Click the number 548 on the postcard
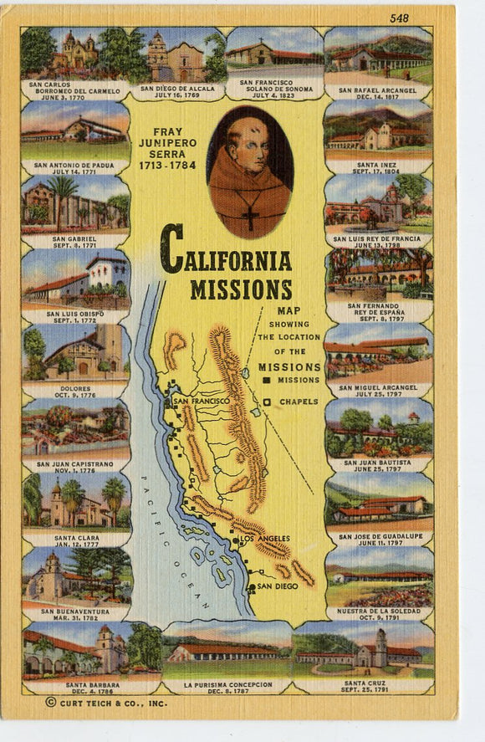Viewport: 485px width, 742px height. [x=422, y=18]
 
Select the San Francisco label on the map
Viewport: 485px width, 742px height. [x=201, y=402]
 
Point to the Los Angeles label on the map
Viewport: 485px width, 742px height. [x=264, y=539]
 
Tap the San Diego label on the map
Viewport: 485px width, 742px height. [x=276, y=586]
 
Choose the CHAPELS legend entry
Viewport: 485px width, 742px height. [x=299, y=402]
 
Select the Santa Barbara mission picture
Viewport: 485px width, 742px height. [x=75, y=650]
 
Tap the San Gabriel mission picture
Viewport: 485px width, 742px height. [x=75, y=203]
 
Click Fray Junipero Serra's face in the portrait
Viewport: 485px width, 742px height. [x=249, y=151]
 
